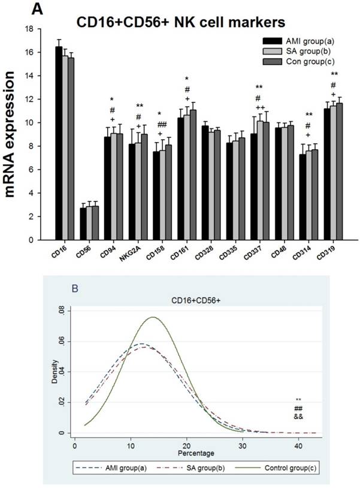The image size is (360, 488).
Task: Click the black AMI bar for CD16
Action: tap(59, 144)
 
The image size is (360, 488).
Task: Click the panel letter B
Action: tap(75, 288)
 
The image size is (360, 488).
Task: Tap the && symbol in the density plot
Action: tap(298, 416)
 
